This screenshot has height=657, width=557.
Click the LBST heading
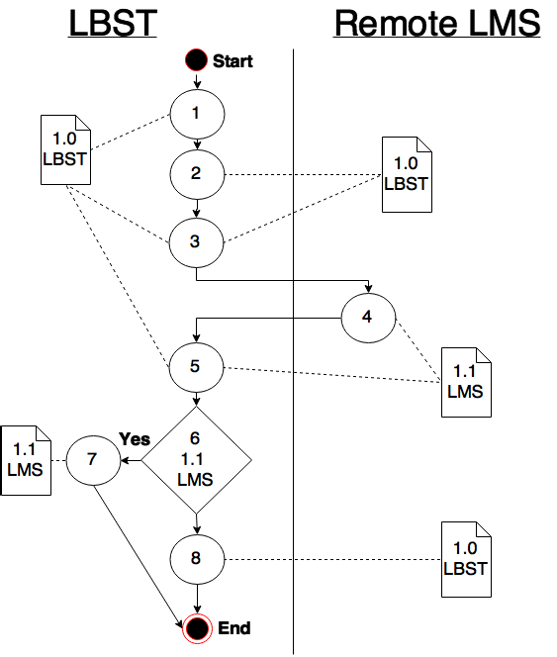pyautogui.click(x=113, y=23)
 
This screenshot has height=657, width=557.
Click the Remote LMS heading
pyautogui.click(x=437, y=23)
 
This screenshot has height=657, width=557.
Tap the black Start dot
pyautogui.click(x=196, y=60)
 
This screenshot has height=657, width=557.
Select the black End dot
pyautogui.click(x=198, y=628)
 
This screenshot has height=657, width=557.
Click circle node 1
pyautogui.click(x=197, y=114)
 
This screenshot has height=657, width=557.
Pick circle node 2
pyautogui.click(x=197, y=174)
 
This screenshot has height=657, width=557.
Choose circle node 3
pyautogui.click(x=196, y=242)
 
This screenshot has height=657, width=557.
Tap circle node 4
pyautogui.click(x=368, y=318)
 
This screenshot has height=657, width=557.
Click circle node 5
pyautogui.click(x=196, y=367)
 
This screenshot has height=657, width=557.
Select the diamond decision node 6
pyautogui.click(x=196, y=460)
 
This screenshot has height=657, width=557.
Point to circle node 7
pyautogui.click(x=93, y=460)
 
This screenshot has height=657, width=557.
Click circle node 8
pyautogui.click(x=197, y=559)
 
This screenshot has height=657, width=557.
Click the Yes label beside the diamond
pyautogui.click(x=135, y=439)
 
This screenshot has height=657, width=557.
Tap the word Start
pyautogui.click(x=232, y=61)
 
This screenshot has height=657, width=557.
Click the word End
pyautogui.click(x=234, y=628)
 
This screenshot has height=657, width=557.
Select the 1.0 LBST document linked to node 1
pyautogui.click(x=66, y=149)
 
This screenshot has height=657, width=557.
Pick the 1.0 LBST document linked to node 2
pyautogui.click(x=407, y=174)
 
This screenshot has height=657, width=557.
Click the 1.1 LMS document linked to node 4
pyautogui.click(x=466, y=382)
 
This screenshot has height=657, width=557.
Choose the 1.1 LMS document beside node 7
pyautogui.click(x=26, y=460)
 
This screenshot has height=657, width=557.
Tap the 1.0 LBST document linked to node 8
pyautogui.click(x=466, y=559)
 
